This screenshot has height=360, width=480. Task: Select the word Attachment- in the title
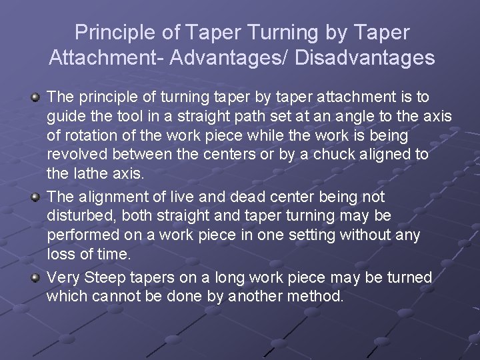[x=106, y=57]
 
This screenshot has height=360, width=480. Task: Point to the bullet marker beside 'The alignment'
[x=35, y=197]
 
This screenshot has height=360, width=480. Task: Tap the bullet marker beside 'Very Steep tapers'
[x=35, y=277]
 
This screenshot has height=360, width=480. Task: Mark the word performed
[x=81, y=234]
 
